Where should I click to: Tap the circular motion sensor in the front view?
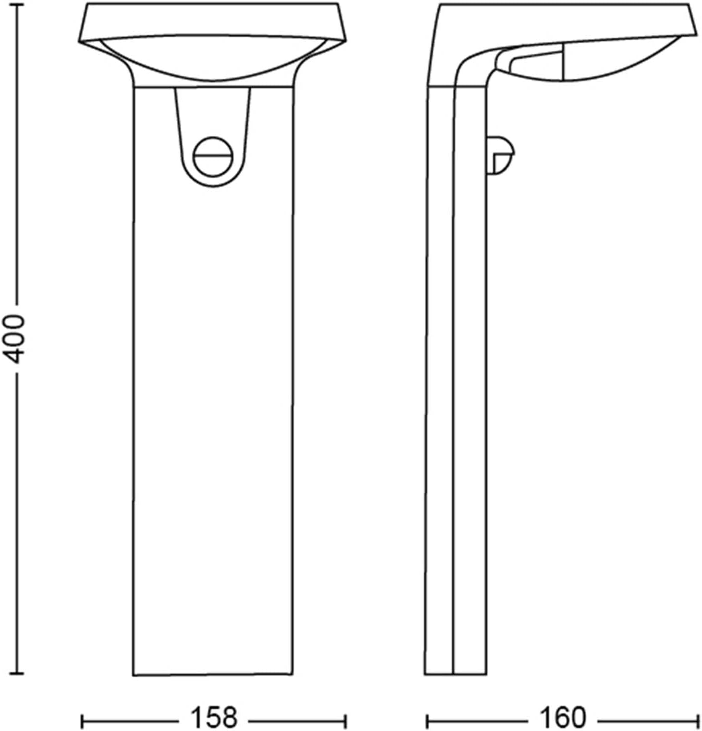click(x=212, y=157)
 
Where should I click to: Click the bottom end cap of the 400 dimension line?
click(x=17, y=674)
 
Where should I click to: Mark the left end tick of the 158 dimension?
click(x=82, y=721)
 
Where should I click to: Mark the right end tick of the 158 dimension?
click(x=345, y=721)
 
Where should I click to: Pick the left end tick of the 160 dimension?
click(x=428, y=721)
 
